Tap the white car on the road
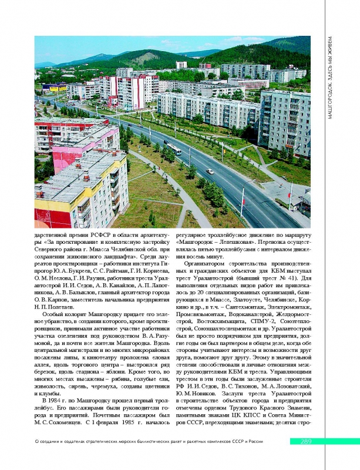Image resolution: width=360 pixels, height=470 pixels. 210,171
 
